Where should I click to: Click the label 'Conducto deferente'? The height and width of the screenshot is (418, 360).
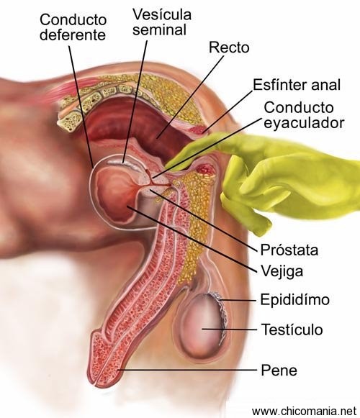click(73, 27)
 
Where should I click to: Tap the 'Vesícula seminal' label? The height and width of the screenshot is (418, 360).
click(162, 22)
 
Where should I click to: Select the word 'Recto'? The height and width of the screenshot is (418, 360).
click(229, 47)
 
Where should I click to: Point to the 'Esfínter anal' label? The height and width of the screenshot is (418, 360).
click(297, 85)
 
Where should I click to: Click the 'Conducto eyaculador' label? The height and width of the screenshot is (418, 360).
click(304, 115)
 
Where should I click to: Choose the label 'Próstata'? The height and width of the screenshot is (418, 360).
click(289, 250)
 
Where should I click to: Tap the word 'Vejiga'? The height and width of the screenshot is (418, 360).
click(282, 271)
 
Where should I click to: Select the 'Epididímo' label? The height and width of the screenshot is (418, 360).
click(295, 299)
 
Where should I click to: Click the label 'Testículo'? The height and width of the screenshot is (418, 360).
click(292, 330)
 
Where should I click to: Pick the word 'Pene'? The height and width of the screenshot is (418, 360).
click(279, 370)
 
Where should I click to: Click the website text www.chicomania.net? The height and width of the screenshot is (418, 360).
click(304, 411)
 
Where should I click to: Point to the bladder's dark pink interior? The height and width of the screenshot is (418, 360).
click(114, 194)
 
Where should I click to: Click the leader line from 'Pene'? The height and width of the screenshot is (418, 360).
click(187, 370)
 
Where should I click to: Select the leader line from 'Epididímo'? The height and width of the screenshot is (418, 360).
click(238, 301)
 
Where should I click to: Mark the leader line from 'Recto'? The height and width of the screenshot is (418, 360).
click(191, 97)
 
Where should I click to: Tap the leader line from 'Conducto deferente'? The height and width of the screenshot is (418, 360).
click(81, 107)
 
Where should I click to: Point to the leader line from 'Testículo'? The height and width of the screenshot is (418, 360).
click(229, 330)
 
